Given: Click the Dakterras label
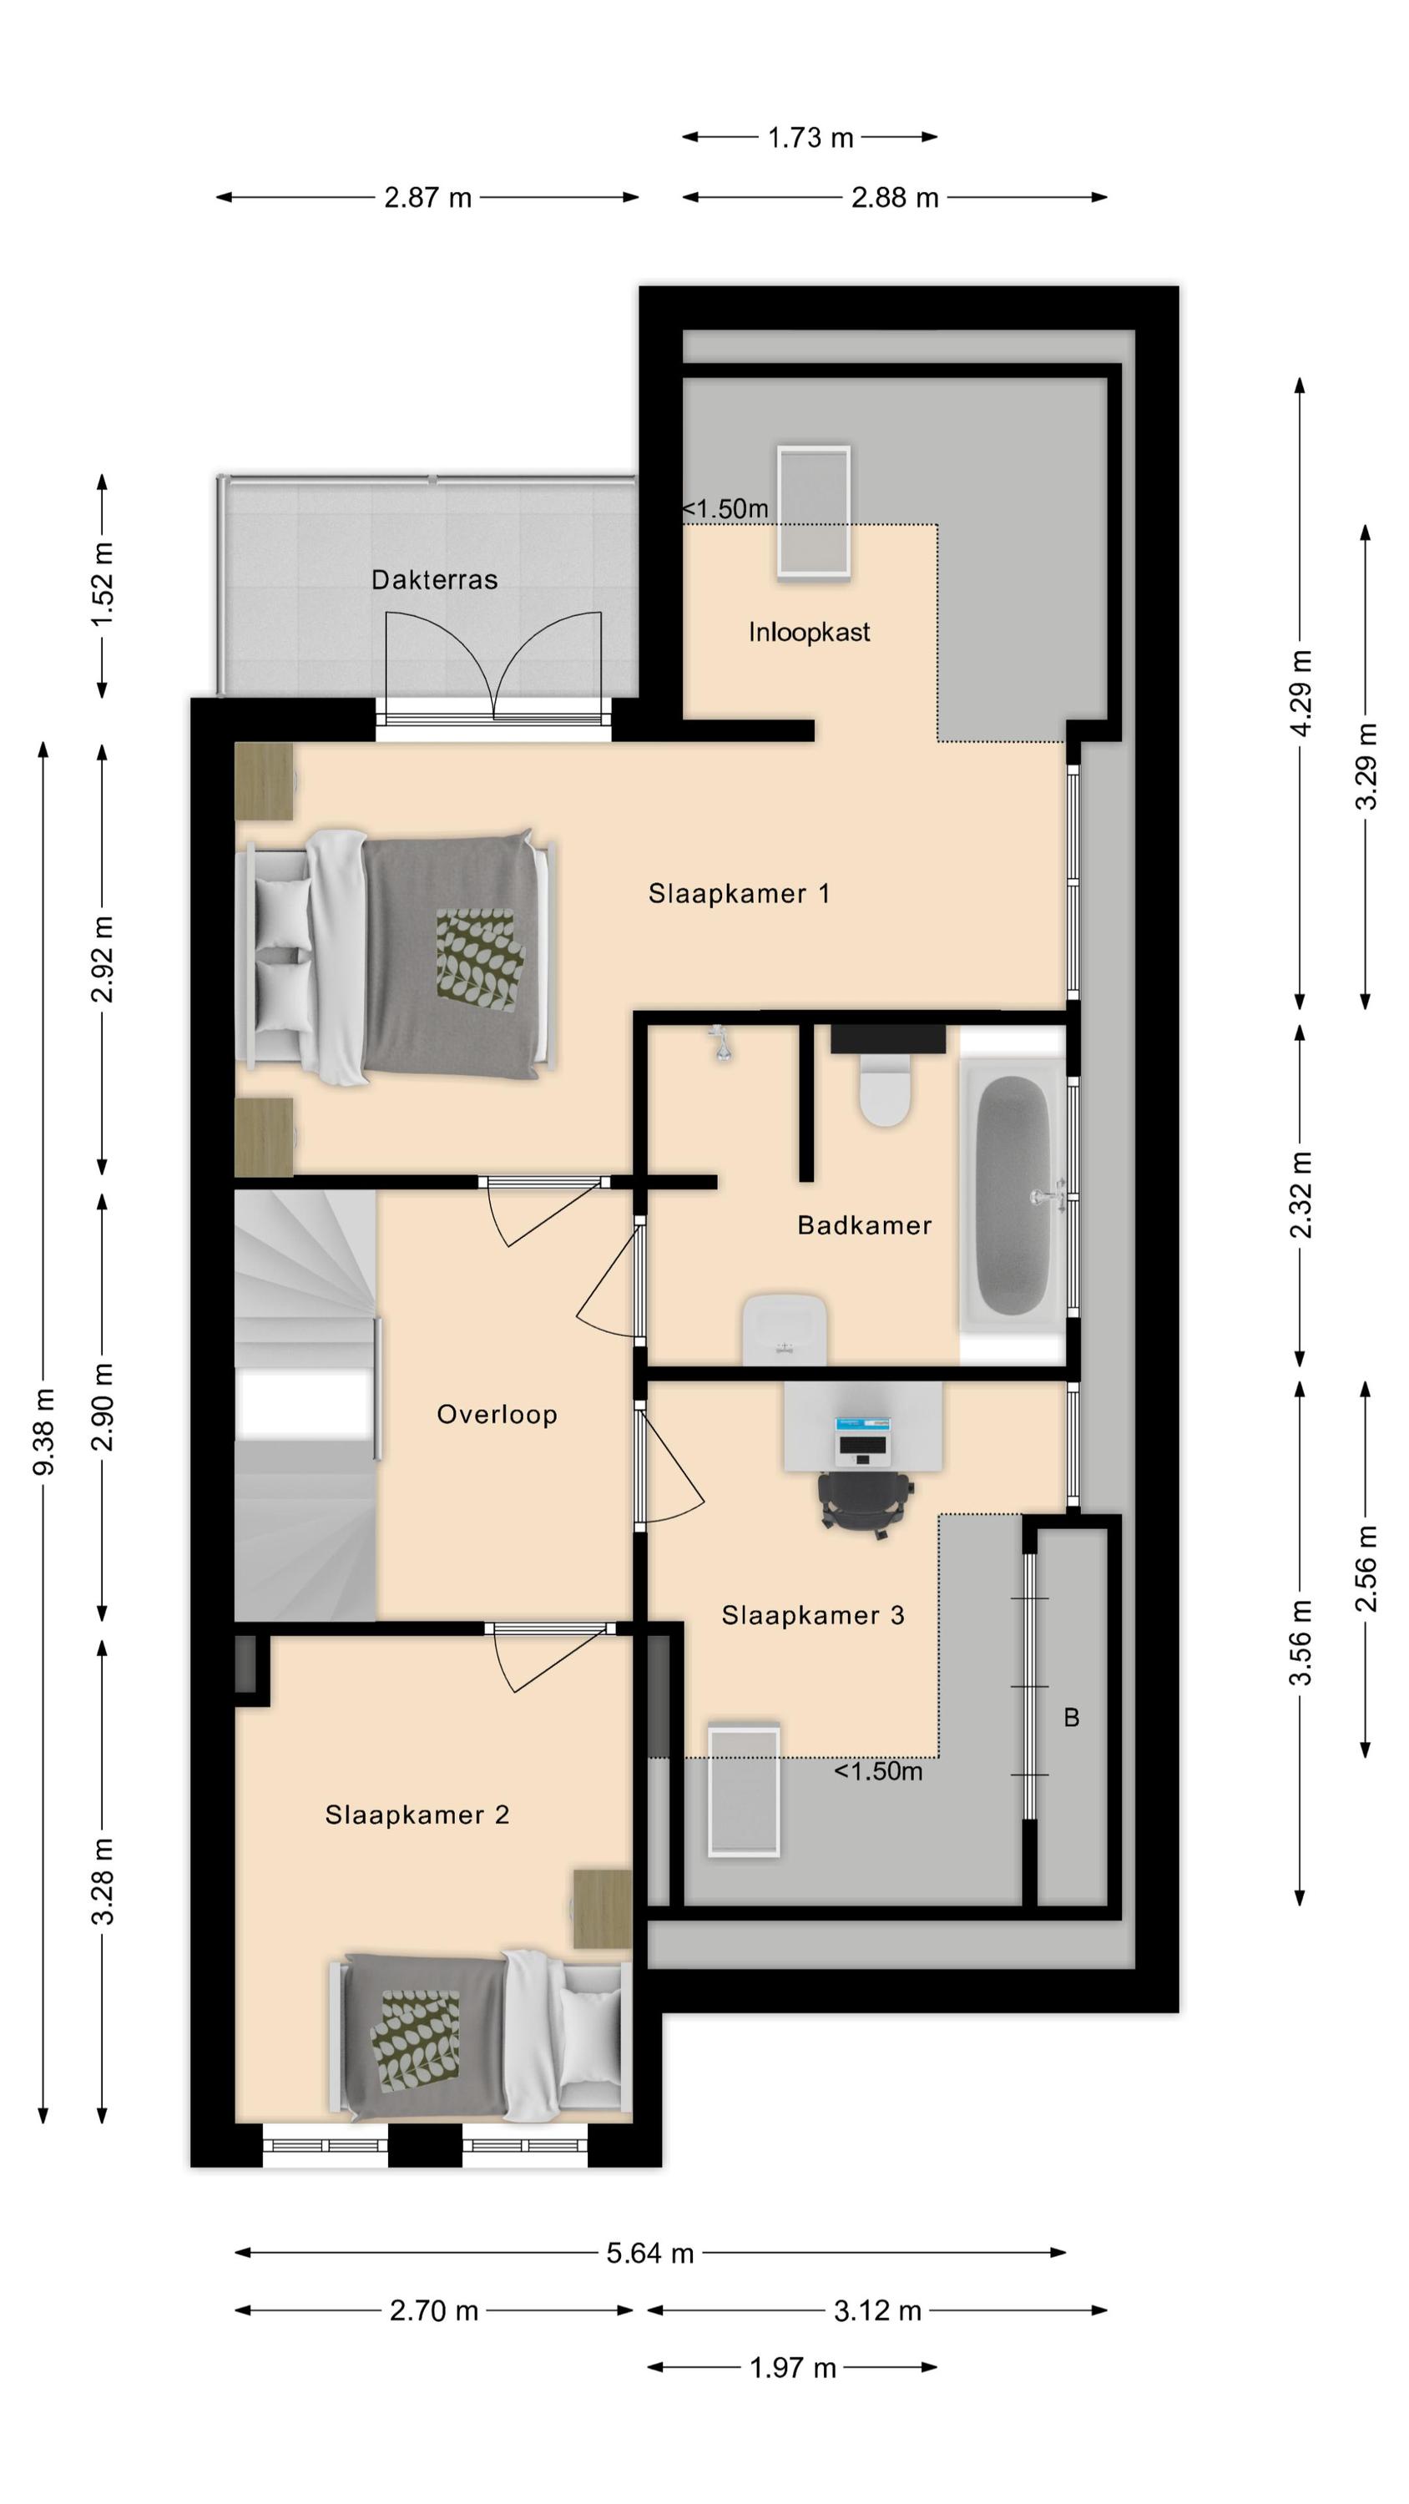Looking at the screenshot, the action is point(434,579).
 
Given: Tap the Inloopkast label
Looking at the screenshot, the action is point(809,632).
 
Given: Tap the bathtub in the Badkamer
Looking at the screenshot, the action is point(1013,1195).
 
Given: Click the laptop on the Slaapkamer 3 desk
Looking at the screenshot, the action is point(862,1439).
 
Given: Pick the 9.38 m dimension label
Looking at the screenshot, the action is point(43,1431).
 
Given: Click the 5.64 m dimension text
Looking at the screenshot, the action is point(650,2254).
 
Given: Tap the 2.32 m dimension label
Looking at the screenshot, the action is point(1300,1194).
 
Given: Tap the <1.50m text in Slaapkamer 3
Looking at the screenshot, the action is point(878,1771).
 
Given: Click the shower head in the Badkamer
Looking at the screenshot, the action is point(720,1044).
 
